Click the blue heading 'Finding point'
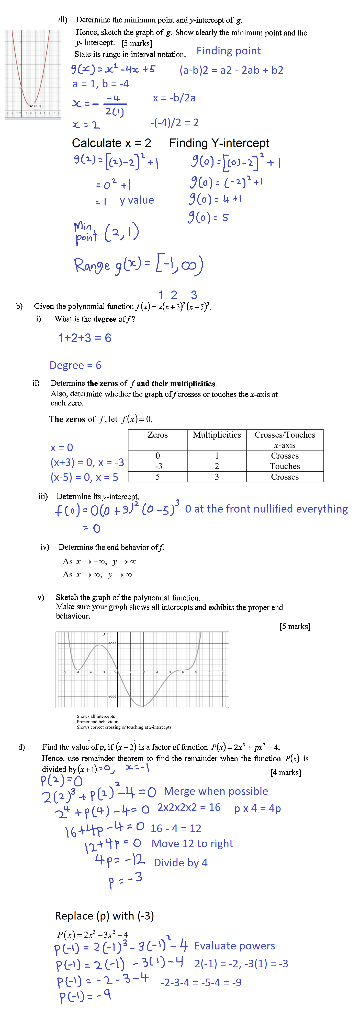[x=229, y=51]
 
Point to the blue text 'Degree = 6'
[x=75, y=365]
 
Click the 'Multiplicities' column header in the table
[x=217, y=435]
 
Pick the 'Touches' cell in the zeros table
[x=285, y=466]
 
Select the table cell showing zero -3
[x=157, y=466]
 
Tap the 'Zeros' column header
[x=157, y=435]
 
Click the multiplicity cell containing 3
[x=217, y=477]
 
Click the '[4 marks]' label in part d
[x=285, y=772]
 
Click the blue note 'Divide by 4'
[x=181, y=863]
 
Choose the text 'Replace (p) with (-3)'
[x=104, y=916]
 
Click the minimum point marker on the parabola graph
[x=31, y=106]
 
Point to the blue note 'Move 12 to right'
[x=192, y=843]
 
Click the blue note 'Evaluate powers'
[x=234, y=946]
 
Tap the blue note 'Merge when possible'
[x=216, y=791]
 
